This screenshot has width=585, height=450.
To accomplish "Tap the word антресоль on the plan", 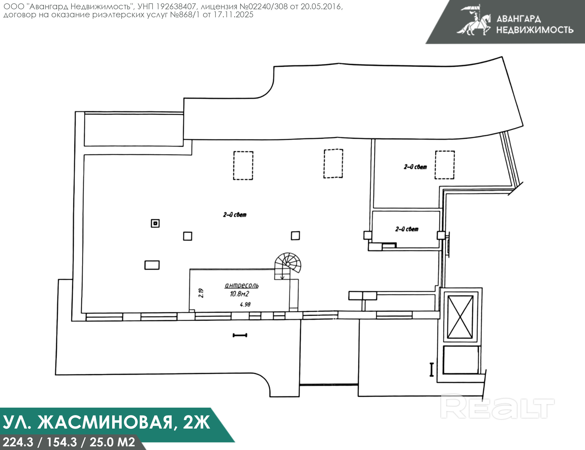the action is pyautogui.click(x=242, y=285).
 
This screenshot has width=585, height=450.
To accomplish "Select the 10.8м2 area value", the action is pyautogui.click(x=239, y=294).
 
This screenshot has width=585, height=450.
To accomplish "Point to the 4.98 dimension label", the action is pyautogui.click(x=245, y=304).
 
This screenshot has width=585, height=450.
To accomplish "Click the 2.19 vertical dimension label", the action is pyautogui.click(x=201, y=293).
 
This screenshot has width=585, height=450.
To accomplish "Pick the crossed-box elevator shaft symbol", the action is pyautogui.click(x=460, y=317).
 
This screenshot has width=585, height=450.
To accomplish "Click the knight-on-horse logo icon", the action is pyautogui.click(x=474, y=20).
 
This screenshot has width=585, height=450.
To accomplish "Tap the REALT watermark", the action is pyautogui.click(x=497, y=407).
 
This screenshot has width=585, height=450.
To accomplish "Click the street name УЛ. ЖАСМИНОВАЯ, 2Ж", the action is pyautogui.click(x=106, y=423).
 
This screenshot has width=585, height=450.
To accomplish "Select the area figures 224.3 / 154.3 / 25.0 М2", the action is pyautogui.click(x=69, y=442).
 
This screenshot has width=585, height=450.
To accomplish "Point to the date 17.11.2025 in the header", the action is pyautogui.click(x=233, y=14).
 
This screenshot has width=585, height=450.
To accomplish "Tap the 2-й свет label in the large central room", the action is pyautogui.click(x=235, y=215).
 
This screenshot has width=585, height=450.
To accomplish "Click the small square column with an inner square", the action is pyautogui.click(x=155, y=223).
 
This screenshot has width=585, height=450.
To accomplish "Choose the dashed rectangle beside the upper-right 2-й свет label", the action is pyautogui.click(x=445, y=165).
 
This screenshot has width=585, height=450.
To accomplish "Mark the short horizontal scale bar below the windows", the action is pyautogui.click(x=240, y=335).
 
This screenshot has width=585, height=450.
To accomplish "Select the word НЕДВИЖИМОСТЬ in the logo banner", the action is pyautogui.click(x=535, y=30).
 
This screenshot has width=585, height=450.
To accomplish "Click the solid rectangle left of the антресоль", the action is pyautogui.click(x=152, y=265).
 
